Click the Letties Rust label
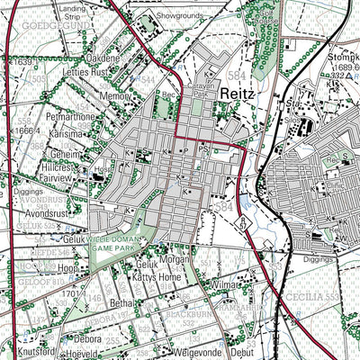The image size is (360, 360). coord(86,72)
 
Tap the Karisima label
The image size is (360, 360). coord(67,133)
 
